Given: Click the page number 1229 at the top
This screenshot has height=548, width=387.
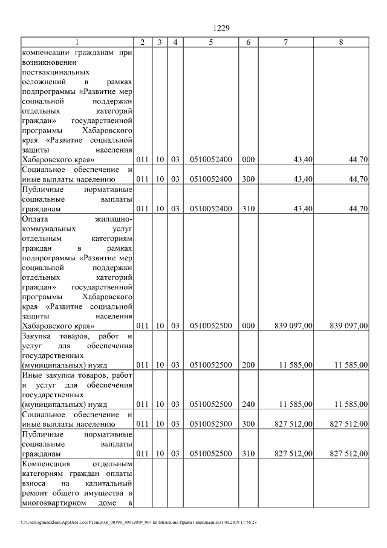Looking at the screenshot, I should coord(222,28).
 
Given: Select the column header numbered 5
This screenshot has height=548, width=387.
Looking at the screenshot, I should coord(210,42).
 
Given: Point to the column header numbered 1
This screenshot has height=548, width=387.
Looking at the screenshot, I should coord(77,42).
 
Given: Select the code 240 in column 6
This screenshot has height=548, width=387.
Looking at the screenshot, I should coord(248,404).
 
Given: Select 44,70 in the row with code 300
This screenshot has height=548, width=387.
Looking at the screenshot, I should coord(358,179).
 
